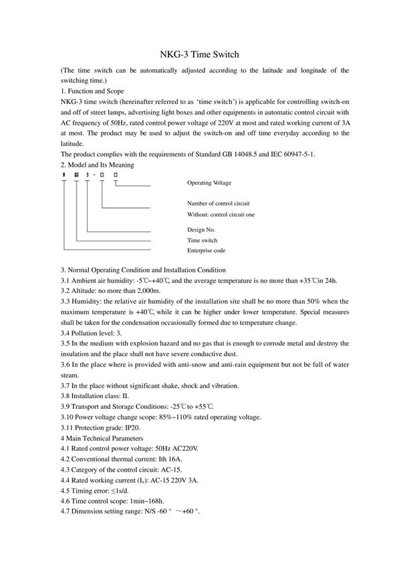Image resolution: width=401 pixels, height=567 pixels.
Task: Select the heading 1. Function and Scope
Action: [92, 91]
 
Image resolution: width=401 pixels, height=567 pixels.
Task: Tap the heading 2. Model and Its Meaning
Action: [97, 164]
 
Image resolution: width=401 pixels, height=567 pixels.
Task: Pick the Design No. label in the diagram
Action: [202, 229]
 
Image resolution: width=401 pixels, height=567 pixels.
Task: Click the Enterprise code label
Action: [206, 250]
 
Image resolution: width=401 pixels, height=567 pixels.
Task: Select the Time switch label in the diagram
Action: [202, 239]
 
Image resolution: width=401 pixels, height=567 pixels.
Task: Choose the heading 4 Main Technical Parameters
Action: [102, 438]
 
